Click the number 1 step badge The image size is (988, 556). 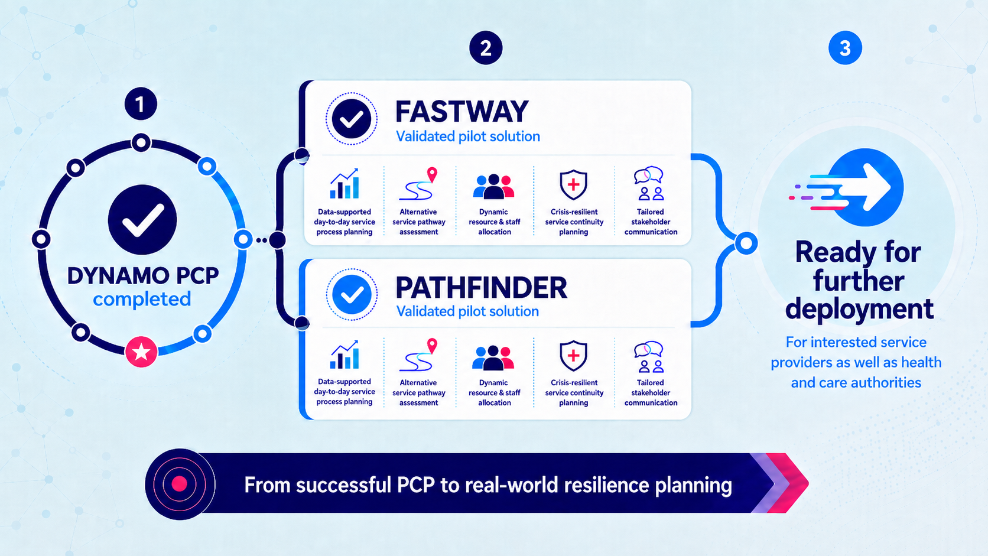(141, 104)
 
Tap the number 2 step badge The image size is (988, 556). (486, 48)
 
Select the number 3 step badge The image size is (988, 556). (845, 48)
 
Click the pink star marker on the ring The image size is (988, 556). (141, 352)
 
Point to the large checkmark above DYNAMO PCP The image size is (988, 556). (142, 220)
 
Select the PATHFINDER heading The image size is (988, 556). (481, 288)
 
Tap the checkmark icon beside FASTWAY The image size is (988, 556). (352, 119)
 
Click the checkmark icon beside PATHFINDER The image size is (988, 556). (352, 294)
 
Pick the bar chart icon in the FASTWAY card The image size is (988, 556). (344, 183)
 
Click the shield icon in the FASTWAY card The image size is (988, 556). (573, 185)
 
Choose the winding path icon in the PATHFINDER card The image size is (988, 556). (418, 355)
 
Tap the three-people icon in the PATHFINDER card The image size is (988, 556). (493, 357)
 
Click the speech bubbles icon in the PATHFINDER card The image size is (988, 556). (649, 357)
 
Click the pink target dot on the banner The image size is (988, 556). (179, 484)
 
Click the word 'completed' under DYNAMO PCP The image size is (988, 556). (142, 300)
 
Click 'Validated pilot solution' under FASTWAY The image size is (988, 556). (467, 136)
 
